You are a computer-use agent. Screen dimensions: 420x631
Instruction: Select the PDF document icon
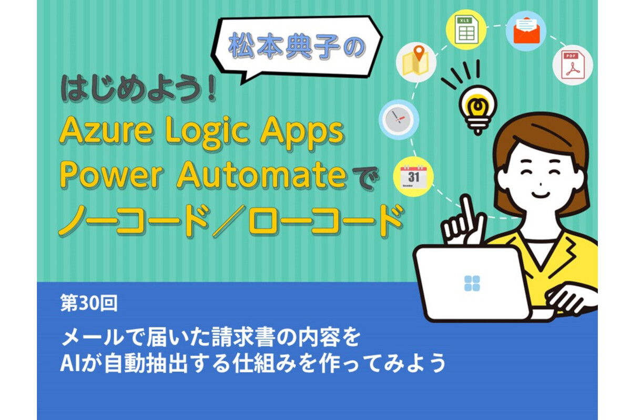coord(572,66)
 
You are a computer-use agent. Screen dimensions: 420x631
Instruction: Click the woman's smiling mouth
coord(541,194)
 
